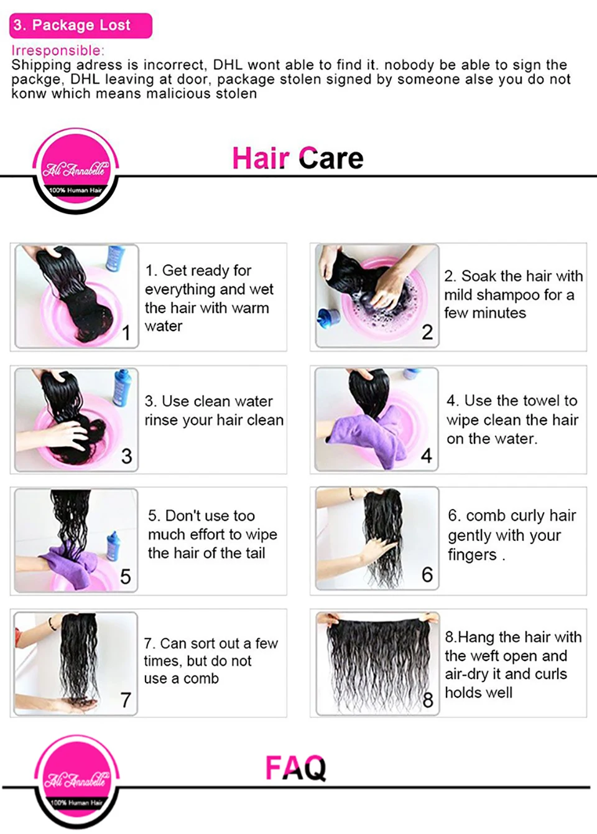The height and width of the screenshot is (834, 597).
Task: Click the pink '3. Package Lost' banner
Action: click(x=81, y=26)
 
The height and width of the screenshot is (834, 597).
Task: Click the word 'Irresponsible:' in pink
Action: click(x=58, y=50)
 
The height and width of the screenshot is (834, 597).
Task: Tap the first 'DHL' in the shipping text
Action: click(x=228, y=65)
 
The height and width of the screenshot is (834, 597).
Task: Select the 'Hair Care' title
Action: click(x=298, y=158)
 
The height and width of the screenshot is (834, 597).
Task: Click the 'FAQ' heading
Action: click(x=296, y=767)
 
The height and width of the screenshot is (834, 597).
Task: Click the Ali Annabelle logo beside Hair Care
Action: click(x=76, y=171)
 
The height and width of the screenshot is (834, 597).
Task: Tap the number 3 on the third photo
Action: click(x=126, y=456)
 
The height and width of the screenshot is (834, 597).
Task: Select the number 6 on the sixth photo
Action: click(x=427, y=574)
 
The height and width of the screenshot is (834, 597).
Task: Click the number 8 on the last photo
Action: click(x=428, y=700)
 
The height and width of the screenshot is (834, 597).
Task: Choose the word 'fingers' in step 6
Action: click(x=472, y=555)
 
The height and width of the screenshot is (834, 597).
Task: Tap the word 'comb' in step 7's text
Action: click(x=201, y=678)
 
